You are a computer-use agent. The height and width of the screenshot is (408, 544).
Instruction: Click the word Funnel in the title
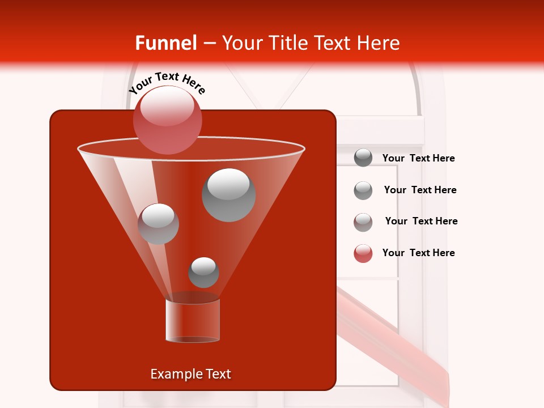(165, 43)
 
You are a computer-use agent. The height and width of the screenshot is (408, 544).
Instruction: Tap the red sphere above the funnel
(168, 120)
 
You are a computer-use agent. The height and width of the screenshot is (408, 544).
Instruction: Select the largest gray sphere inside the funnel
(229, 195)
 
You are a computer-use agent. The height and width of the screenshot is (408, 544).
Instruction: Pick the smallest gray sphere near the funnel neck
(203, 272)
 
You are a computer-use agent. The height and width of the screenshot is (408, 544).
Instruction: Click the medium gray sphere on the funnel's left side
(158, 224)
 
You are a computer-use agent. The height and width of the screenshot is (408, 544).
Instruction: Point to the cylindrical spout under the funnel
(193, 320)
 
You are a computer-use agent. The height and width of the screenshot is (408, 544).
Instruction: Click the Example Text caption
(190, 374)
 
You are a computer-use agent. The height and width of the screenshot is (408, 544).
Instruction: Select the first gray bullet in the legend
(363, 158)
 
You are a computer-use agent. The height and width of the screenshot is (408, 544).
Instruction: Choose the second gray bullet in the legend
(363, 190)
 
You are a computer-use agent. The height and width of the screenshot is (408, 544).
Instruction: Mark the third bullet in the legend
(363, 222)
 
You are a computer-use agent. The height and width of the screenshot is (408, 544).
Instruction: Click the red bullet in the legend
(363, 253)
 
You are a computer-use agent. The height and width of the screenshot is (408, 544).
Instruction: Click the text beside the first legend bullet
(418, 158)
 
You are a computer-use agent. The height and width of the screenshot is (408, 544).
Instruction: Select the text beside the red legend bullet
(418, 253)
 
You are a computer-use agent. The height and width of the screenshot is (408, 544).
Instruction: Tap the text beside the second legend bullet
(420, 190)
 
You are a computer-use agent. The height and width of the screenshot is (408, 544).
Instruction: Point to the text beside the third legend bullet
(421, 221)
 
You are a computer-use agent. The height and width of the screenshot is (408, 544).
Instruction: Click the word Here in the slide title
(379, 43)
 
